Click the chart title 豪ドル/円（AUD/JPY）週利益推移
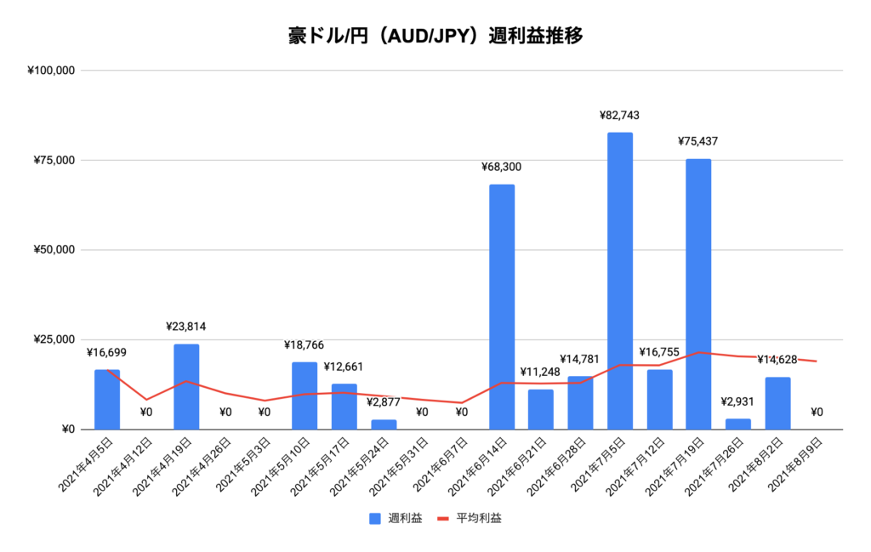tap(435, 37)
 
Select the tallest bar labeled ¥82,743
tap(620, 281)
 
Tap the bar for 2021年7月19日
tap(698, 293)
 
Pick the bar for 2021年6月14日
tap(502, 306)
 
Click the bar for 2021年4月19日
tap(186, 386)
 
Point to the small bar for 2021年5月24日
tap(384, 424)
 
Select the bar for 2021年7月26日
tap(738, 424)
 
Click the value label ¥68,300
tap(502, 168)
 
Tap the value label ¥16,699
tap(107, 352)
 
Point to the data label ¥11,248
tap(541, 372)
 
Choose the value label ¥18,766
tap(305, 345)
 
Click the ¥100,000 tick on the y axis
tap(53, 71)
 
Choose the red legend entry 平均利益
tap(470, 518)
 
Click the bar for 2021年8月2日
tap(777, 403)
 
